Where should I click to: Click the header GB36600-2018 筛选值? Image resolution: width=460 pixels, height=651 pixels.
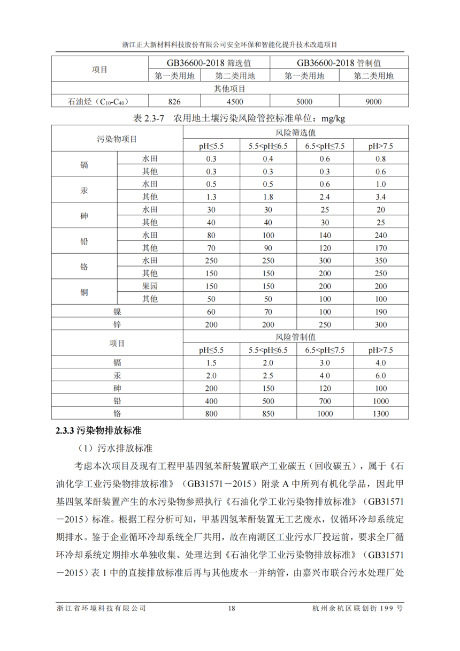pos(209,63)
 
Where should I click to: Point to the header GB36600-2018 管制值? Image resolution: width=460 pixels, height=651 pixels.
pos(339,63)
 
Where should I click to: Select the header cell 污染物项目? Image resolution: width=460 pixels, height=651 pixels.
pos(117,139)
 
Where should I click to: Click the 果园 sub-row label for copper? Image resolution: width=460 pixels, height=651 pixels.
pos(150,286)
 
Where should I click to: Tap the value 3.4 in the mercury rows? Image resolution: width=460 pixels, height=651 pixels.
pos(380,197)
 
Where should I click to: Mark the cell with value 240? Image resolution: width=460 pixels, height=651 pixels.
pos(380,235)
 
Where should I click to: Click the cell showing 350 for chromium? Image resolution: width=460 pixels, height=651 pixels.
pos(380,261)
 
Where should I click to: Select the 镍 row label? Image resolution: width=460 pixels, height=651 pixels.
pos(117,312)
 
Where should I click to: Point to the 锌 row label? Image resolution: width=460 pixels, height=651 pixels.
pos(117,324)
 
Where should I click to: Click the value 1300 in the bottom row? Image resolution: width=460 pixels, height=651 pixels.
pos(380,413)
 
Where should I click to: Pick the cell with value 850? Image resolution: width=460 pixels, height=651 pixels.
pos(268,413)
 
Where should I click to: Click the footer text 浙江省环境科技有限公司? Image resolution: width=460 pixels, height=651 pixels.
pos(101,608)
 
